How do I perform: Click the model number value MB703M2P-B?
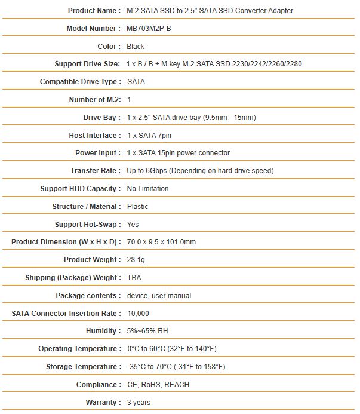152,29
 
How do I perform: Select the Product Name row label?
94,11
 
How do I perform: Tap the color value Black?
136,47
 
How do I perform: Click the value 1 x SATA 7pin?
149,136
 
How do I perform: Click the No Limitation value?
148,189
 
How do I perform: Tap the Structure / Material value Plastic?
138,207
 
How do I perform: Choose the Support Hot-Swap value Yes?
133,225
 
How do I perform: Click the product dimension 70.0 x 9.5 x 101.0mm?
162,242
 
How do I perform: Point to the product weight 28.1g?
137,260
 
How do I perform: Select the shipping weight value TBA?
134,278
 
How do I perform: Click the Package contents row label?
88,296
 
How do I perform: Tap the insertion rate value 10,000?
139,314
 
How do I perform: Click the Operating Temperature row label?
79,349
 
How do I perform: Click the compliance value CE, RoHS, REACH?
158,385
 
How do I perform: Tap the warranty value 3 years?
139,403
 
